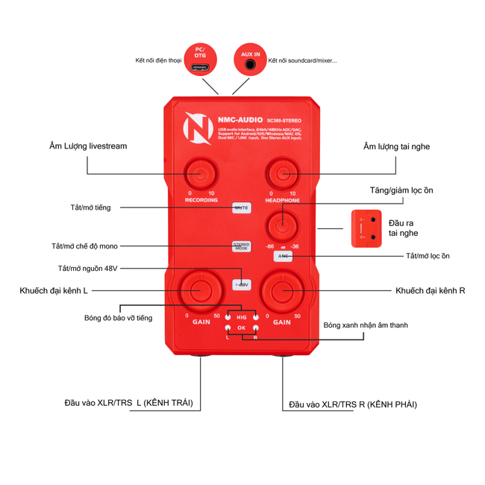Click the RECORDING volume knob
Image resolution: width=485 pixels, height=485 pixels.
[x=201, y=174]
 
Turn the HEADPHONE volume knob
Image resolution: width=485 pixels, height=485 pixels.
[x=282, y=174]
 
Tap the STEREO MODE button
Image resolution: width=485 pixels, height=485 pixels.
[x=242, y=245]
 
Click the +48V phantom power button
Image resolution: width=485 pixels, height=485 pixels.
[x=242, y=284]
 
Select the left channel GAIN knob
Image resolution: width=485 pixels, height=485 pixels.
[x=201, y=290]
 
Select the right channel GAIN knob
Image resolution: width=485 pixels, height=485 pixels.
[x=283, y=290]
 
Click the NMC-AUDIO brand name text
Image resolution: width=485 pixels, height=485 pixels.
[x=240, y=118]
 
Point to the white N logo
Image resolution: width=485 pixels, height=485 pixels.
[x=198, y=128]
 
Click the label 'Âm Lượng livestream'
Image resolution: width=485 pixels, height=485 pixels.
[x=87, y=146]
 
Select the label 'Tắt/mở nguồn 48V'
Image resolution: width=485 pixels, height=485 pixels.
[x=89, y=269]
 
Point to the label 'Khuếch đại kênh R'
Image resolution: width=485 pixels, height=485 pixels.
[x=430, y=290]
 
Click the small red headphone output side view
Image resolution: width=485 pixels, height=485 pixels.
[x=366, y=228]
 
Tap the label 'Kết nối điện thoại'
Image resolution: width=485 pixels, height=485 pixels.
[x=159, y=60]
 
